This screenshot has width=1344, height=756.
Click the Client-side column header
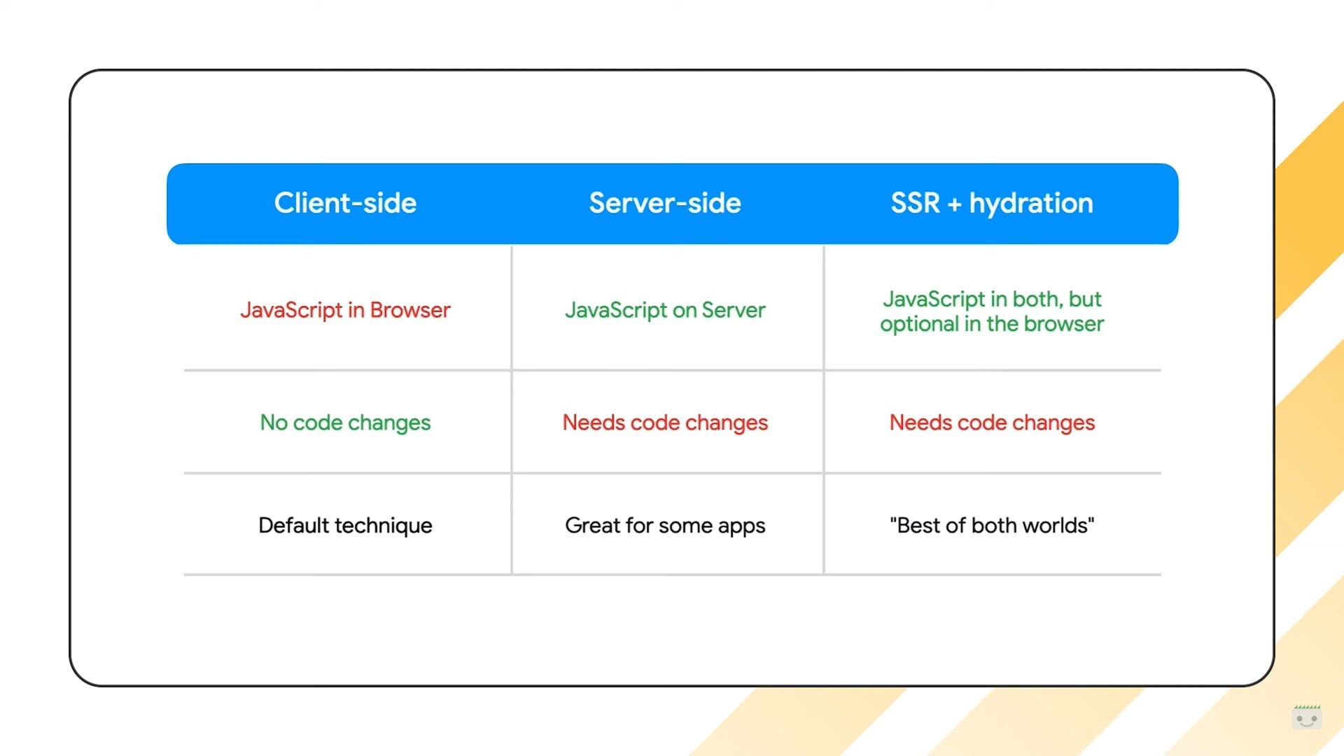tap(345, 203)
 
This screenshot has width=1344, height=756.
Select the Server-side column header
tap(665, 203)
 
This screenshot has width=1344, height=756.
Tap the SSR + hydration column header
tap(992, 204)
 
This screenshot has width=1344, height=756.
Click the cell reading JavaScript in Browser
tap(345, 310)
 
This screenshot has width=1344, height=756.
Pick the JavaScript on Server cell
tap(665, 310)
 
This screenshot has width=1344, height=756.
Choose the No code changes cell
tap(345, 423)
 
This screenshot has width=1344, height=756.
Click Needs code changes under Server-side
tap(665, 423)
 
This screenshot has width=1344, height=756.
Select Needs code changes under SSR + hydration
tap(992, 423)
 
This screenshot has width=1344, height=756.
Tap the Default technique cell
tap(345, 526)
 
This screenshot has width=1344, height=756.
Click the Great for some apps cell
tap(665, 526)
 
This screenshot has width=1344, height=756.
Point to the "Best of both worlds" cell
tap(992, 525)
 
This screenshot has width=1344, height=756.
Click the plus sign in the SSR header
tap(954, 204)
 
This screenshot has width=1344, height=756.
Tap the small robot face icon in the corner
tap(1306, 717)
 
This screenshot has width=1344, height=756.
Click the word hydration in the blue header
tap(1031, 204)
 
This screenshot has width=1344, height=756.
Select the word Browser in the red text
tap(410, 310)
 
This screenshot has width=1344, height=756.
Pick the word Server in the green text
tap(734, 310)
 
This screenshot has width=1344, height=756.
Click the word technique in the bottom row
tap(384, 526)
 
